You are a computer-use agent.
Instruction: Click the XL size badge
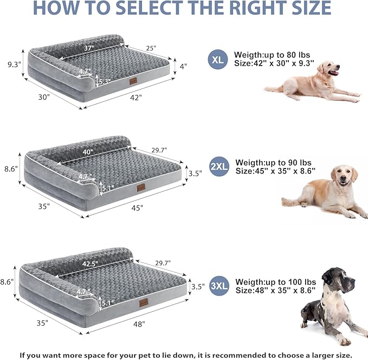(218, 60)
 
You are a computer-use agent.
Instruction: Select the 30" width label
(44, 97)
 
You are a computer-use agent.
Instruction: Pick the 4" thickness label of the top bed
(184, 66)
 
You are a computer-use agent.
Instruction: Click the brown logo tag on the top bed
(133, 81)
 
